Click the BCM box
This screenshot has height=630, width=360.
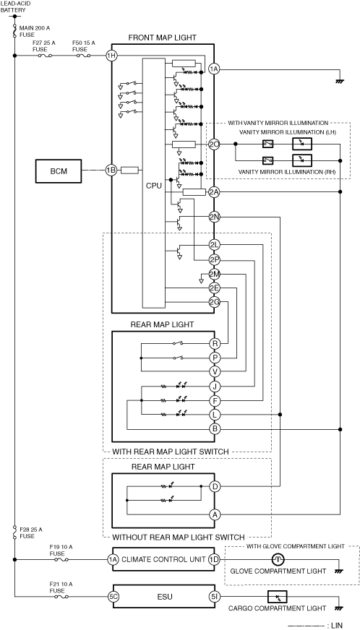tap(59, 171)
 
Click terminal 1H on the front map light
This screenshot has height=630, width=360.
tap(111, 56)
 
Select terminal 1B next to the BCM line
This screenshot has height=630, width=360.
tap(111, 171)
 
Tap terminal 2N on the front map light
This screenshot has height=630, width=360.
tap(214, 217)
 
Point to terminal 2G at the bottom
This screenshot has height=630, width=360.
tap(214, 302)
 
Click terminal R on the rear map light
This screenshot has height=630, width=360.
tap(215, 343)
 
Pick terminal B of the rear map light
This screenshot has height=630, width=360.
tap(215, 429)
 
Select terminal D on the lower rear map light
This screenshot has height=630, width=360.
tap(215, 487)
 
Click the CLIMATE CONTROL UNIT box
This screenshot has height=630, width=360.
tap(163, 559)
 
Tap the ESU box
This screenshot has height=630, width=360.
tap(163, 596)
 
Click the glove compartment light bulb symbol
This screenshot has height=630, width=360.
tap(278, 559)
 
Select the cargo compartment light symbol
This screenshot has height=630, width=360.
tap(277, 596)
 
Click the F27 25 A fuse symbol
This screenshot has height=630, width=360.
tap(45, 56)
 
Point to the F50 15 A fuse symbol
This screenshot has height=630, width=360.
tap(83, 56)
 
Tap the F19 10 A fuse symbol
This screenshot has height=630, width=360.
tap(61, 559)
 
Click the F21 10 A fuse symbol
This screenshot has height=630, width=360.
tap(61, 597)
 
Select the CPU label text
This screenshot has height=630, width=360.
tap(154, 186)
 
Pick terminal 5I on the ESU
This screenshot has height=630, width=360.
tap(215, 596)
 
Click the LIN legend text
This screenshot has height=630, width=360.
tap(337, 626)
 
